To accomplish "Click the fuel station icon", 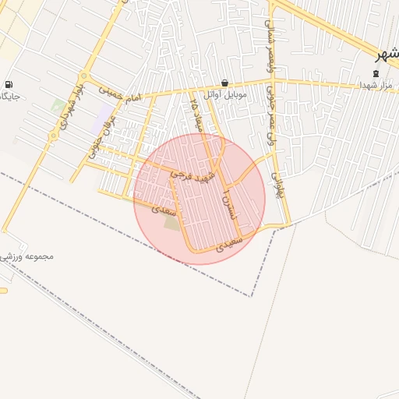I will click(x=8, y=84).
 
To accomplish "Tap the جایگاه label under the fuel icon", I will click(x=9, y=97).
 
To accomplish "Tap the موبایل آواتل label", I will click(x=225, y=95).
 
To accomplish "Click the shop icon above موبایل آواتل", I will click(x=225, y=83).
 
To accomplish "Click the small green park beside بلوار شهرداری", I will click(x=58, y=105).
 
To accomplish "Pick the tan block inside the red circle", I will click(x=171, y=223).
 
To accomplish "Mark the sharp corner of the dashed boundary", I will click(x=251, y=296).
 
